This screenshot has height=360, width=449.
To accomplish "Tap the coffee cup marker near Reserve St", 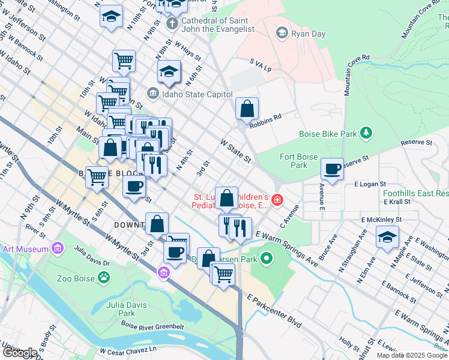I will (x=332, y=169).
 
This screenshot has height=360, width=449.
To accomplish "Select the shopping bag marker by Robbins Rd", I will (x=247, y=109).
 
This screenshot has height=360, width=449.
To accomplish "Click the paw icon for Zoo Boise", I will (x=104, y=278).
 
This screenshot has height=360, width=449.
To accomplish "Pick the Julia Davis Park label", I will (x=127, y=309).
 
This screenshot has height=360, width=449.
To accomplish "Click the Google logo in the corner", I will (x=19, y=353).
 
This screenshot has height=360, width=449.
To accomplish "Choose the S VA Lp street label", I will (x=261, y=65).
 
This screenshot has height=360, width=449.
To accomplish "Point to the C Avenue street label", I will (x=289, y=217).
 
